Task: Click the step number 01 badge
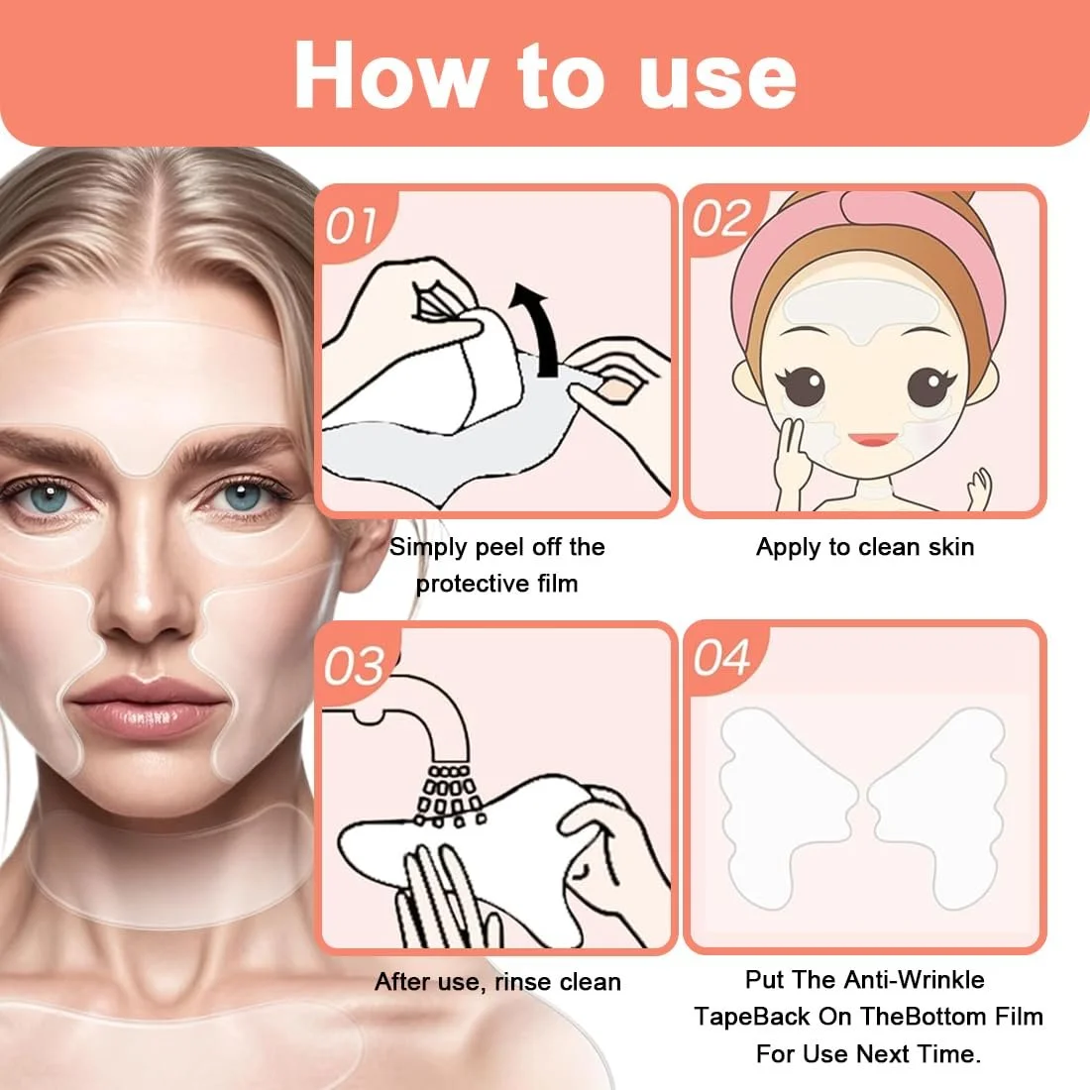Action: coord(352,225)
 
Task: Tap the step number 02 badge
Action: coord(721,220)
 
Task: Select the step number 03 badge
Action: coord(355,664)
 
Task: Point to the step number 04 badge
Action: coord(722,658)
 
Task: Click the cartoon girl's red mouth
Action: coord(873,439)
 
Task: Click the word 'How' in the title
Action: coord(390,75)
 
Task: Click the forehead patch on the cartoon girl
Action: coord(862,307)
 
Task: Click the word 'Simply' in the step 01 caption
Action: coord(427,548)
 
